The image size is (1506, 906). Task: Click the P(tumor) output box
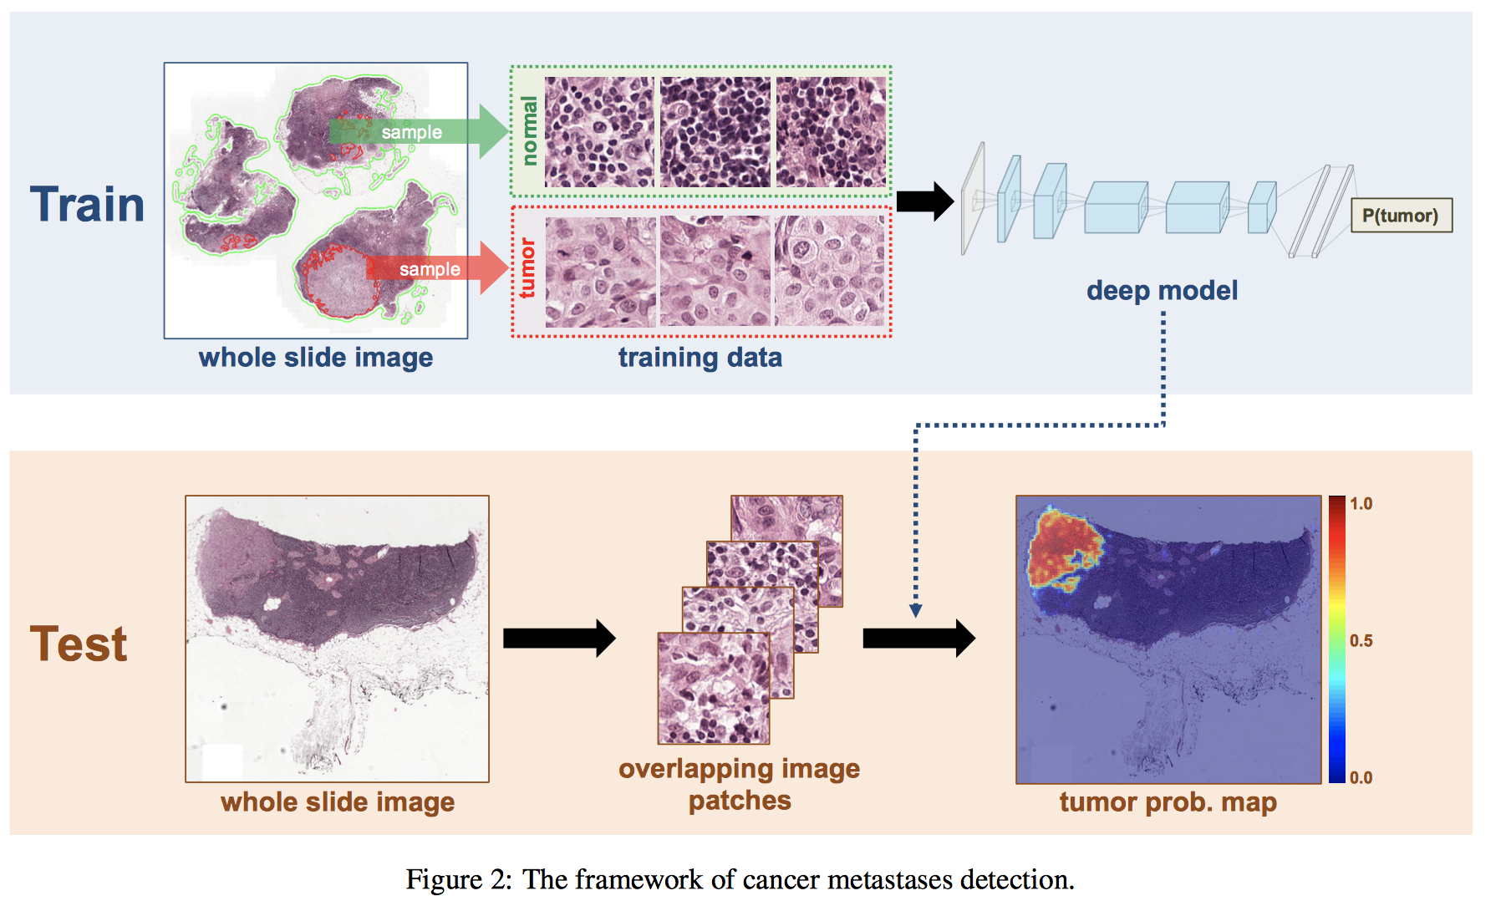1401,216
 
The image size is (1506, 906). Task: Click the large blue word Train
87,205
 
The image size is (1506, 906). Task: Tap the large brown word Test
79,644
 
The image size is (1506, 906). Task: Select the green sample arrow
418,131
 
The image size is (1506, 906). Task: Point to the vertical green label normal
528,130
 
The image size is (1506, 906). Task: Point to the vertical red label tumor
527,268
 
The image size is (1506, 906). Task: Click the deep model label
1162,291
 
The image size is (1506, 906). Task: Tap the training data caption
700,358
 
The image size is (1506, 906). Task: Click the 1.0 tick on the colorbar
1361,504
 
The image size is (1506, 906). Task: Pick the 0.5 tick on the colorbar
1361,641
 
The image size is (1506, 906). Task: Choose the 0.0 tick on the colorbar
1361,778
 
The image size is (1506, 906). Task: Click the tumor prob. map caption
1168,802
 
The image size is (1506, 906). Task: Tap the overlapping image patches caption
739,784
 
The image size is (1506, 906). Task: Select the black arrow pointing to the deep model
924,201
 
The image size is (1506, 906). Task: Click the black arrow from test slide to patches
558,639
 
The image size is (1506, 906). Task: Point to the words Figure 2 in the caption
457,880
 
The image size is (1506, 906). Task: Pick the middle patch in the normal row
715,132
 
